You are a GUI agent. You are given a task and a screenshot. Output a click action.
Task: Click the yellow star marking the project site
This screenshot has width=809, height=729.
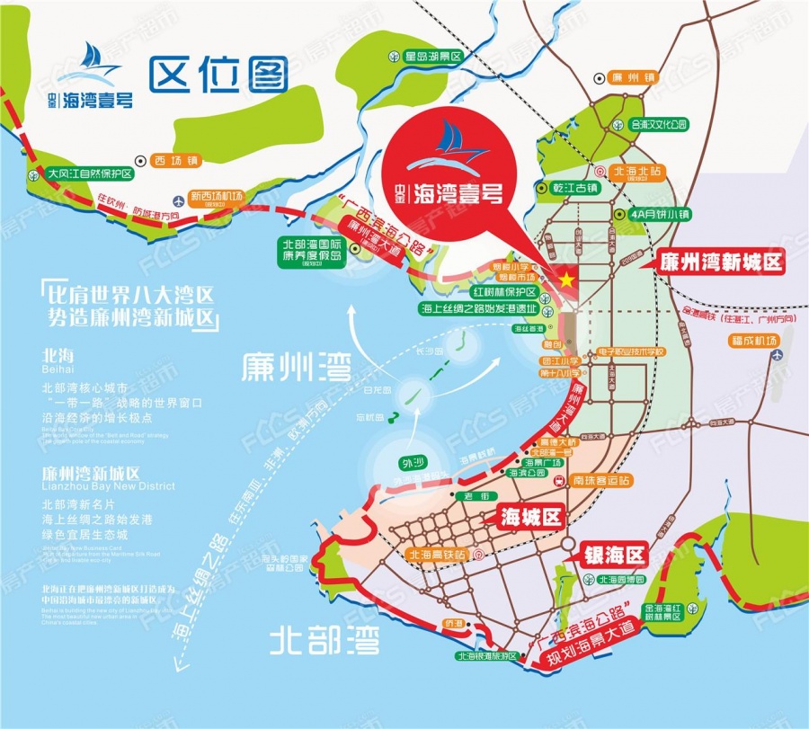coord(566,280)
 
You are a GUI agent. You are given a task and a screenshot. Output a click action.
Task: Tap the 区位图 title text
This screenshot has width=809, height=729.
coord(219,76)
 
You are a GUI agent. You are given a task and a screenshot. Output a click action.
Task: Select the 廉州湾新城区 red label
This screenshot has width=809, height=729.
coord(721,262)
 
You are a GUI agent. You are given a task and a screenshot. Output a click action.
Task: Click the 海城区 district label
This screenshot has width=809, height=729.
coord(529,517)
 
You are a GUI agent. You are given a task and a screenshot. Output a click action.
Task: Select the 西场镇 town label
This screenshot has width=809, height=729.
coord(174,160)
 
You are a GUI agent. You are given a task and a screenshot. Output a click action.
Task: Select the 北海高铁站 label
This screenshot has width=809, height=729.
coord(440,555)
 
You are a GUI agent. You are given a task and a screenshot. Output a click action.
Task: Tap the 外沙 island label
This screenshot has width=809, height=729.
coord(410,465)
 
